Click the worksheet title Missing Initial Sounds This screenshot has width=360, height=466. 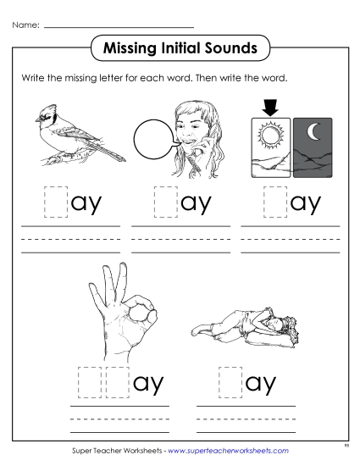[180, 47]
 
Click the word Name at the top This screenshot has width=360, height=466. [24, 25]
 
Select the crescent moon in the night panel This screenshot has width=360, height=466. [313, 133]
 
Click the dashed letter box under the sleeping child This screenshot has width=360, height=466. [229, 382]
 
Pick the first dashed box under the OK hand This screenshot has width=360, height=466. [90, 382]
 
